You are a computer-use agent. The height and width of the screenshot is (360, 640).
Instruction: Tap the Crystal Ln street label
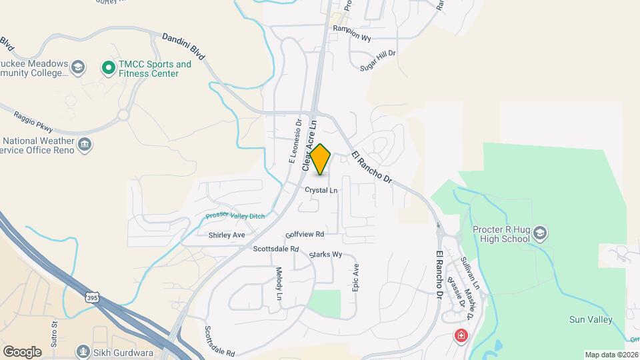pos(321,191)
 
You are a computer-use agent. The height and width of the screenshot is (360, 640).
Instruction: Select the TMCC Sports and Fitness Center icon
pos(108,67)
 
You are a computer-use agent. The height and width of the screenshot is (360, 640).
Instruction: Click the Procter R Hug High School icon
pos(539,233)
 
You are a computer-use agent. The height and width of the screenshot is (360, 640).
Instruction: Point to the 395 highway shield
pos(92,297)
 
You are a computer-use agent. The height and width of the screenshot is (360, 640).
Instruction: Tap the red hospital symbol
pos(460,335)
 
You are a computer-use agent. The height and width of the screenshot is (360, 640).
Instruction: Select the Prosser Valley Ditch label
pos(235,216)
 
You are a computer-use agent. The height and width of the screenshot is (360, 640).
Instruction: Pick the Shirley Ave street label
pos(227,235)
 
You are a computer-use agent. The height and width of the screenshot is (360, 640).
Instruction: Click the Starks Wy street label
pos(325,255)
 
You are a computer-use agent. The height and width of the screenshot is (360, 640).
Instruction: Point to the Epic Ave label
pos(356,277)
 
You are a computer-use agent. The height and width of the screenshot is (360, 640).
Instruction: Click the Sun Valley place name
pos(591,320)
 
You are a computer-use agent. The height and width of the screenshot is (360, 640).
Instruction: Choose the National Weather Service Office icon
pos(85,145)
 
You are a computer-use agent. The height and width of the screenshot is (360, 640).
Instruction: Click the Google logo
pos(22,351)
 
